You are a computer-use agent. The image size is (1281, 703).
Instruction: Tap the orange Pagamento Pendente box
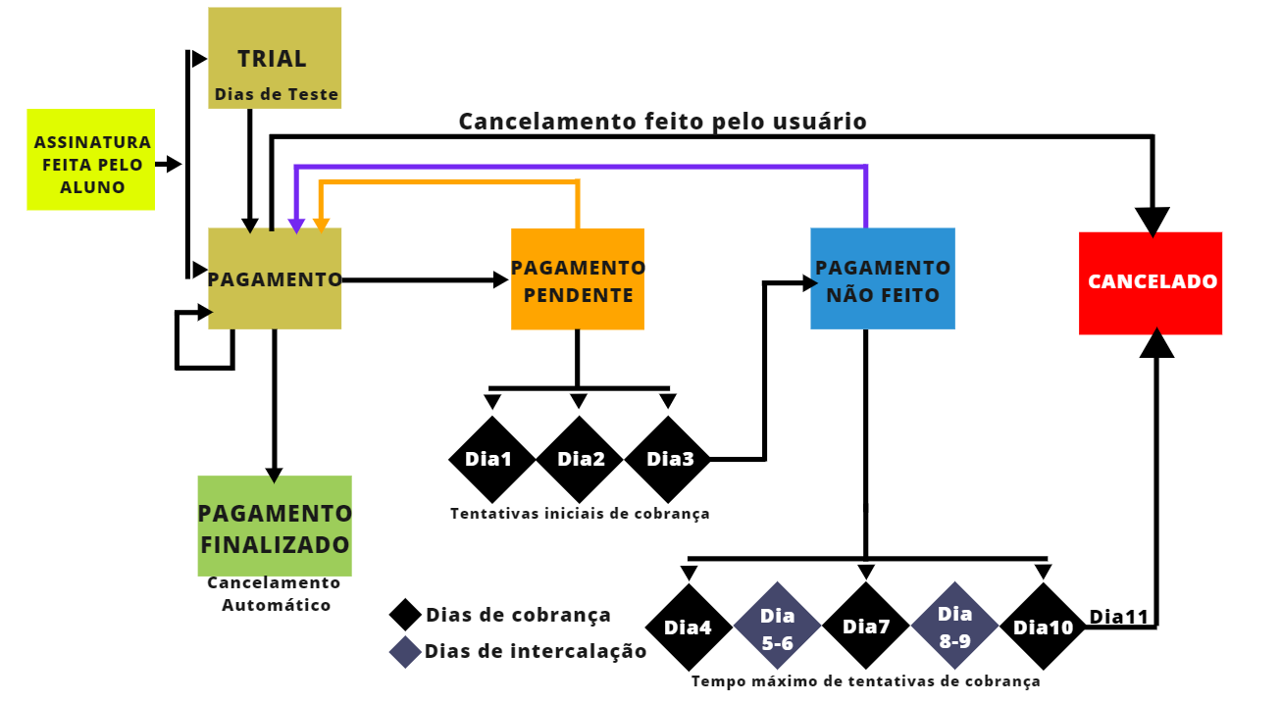click(x=578, y=279)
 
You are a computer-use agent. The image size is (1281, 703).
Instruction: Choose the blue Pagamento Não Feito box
click(x=883, y=279)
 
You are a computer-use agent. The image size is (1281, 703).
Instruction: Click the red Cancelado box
click(x=1151, y=282)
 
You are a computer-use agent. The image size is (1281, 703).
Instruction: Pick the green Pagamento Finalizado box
click(x=275, y=527)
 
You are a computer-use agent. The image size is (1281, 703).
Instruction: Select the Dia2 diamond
click(x=581, y=459)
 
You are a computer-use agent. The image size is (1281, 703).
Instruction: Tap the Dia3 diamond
click(x=669, y=459)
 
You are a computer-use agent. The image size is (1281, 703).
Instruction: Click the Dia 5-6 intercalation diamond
click(x=778, y=627)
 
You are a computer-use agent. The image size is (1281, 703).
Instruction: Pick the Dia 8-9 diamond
click(x=954, y=627)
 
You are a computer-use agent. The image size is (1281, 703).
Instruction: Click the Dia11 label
click(x=1118, y=617)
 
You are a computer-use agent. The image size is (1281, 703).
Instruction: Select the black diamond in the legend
click(x=405, y=615)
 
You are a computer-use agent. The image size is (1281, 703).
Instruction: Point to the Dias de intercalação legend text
click(x=536, y=651)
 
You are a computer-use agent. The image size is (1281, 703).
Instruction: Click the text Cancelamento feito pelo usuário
click(x=663, y=122)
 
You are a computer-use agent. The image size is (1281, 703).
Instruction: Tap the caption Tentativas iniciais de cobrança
click(x=580, y=513)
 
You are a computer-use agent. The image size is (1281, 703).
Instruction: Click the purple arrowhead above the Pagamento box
click(x=296, y=226)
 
